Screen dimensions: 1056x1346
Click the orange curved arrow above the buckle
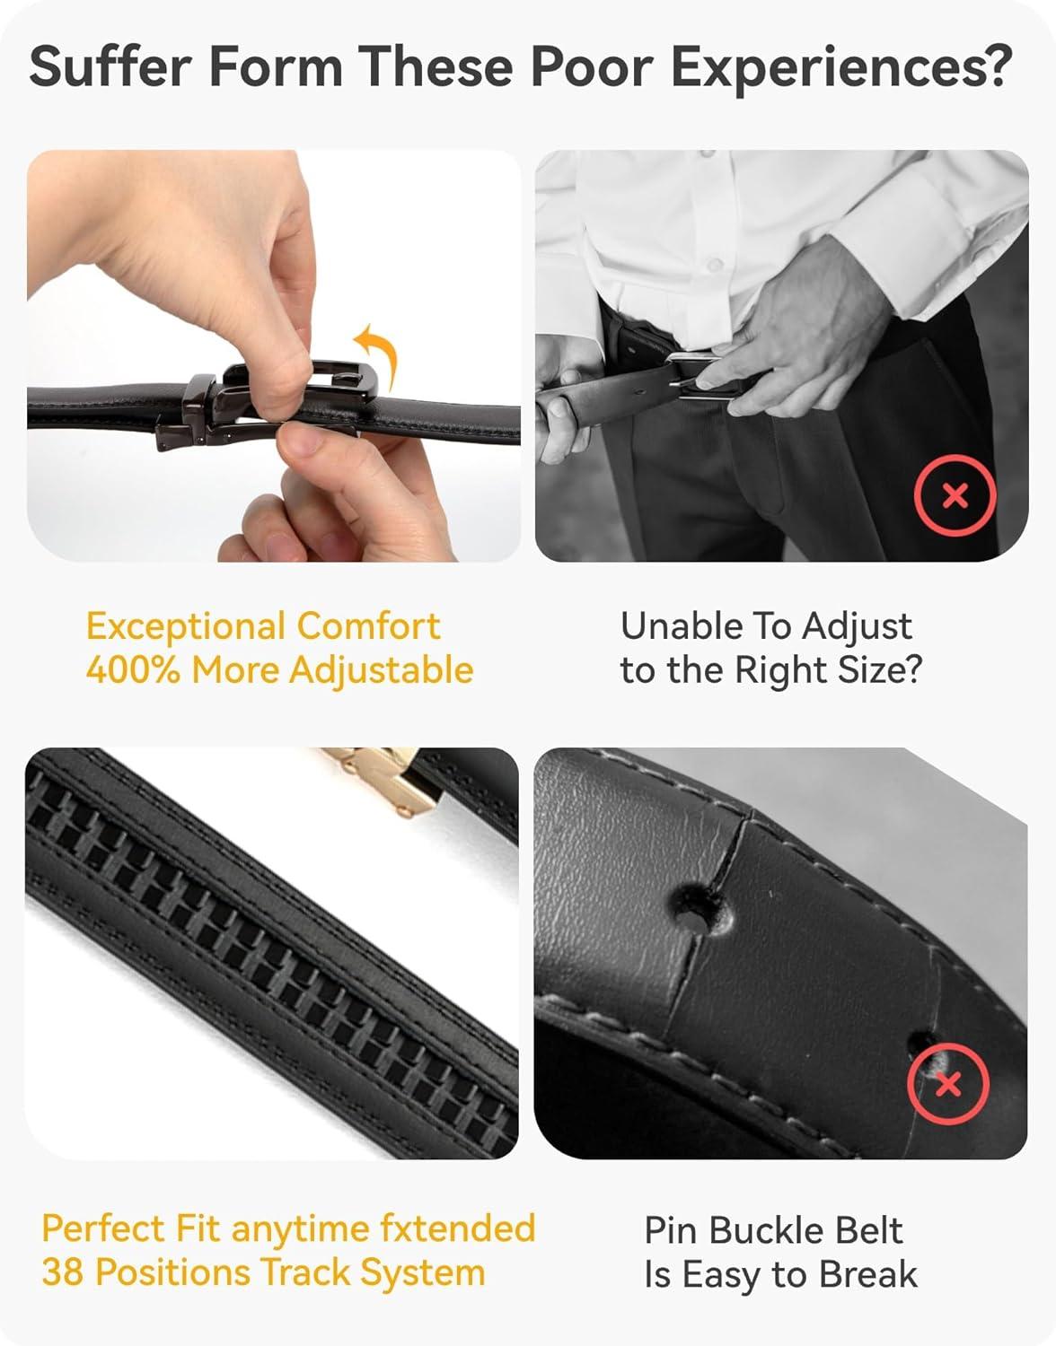click(377, 355)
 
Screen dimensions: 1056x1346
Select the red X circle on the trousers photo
click(955, 495)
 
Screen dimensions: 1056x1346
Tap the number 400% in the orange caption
click(133, 670)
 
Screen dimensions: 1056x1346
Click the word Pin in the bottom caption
click(672, 1230)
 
